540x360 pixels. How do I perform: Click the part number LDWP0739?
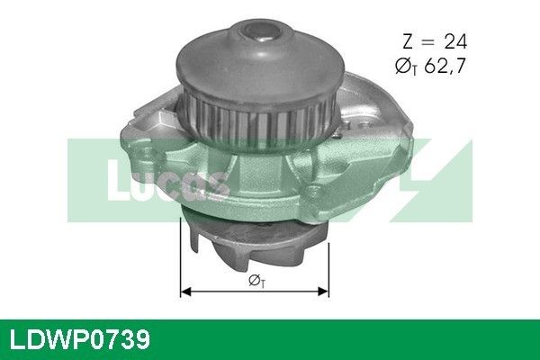point(80,339)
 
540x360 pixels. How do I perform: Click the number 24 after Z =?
point(455,41)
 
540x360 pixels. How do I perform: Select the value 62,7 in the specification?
point(445,66)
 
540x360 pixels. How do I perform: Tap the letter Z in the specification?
point(408,41)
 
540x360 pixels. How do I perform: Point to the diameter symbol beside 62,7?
point(406,66)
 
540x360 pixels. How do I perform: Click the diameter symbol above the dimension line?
point(256,281)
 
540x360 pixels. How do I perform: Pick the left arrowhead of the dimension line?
point(186,292)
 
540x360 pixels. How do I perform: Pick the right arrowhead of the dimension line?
point(323,292)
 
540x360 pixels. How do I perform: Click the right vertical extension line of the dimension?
point(328,270)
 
